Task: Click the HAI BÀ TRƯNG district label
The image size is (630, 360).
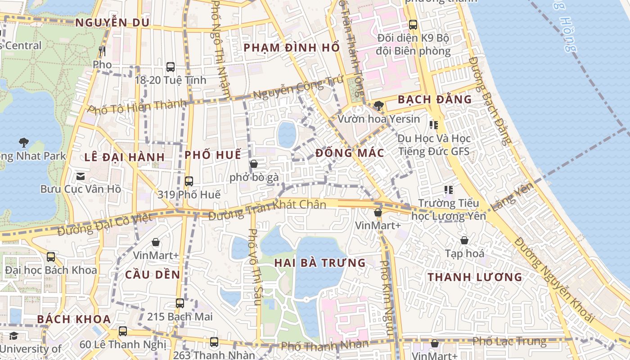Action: coord(320,263)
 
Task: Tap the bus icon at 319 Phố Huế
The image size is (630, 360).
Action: coord(189,181)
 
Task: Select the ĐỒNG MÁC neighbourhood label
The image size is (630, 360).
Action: coord(350,153)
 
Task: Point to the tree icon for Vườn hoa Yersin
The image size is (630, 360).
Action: coord(379,106)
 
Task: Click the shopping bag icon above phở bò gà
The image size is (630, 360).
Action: coord(254,164)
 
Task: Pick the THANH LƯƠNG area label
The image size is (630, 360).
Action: coord(475,277)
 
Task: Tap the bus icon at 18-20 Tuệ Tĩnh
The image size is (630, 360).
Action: coord(171,67)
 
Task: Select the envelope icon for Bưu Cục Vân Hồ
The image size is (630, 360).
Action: coord(81,176)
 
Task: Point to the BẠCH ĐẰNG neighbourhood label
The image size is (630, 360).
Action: coord(435,99)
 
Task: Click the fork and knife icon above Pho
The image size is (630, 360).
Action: coord(102,51)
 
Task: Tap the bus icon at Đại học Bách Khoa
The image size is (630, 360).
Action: coord(51,257)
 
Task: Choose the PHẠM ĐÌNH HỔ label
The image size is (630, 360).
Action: coord(292,48)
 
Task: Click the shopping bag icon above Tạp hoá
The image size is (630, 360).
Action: coord(464,240)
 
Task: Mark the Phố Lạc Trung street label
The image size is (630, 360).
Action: coord(509,342)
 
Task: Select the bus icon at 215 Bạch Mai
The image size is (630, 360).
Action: coord(180,303)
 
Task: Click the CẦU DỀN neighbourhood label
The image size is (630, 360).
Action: coord(153,274)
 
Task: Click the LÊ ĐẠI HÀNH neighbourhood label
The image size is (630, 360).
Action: coord(125,157)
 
